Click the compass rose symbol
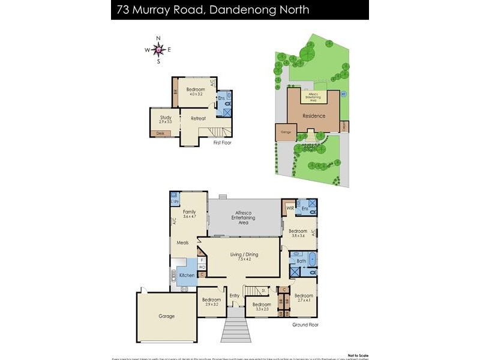tap(158, 50)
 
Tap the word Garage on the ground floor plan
tap(166, 316)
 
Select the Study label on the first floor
tap(166, 118)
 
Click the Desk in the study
tap(160, 133)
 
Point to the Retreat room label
tap(198, 118)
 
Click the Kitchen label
tap(187, 275)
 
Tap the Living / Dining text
tap(244, 254)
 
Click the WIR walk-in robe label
tap(289, 208)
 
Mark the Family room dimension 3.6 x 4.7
tap(190, 217)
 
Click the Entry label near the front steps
tap(234, 296)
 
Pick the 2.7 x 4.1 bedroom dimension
tap(304, 301)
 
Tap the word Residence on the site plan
tap(313, 116)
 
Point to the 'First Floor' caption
tap(221, 143)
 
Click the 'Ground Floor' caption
tap(305, 325)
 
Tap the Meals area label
tap(182, 242)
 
